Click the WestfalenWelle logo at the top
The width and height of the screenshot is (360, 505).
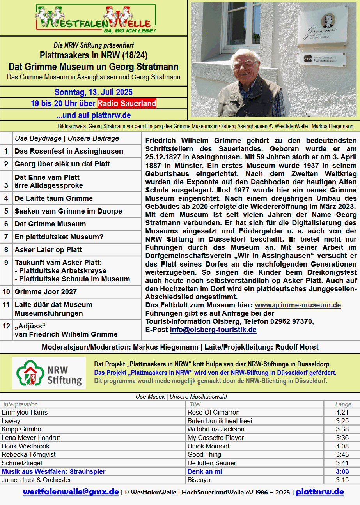(x=96, y=18)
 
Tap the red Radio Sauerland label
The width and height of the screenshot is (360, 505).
(x=127, y=104)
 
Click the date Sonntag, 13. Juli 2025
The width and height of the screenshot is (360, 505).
(x=94, y=92)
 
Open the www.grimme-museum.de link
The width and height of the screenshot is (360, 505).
(x=298, y=305)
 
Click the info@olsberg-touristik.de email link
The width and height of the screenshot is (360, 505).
(x=213, y=330)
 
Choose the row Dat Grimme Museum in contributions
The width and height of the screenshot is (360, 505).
(x=50, y=224)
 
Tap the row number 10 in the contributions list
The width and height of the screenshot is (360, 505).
(x=6, y=291)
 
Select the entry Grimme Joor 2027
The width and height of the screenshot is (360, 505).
(x=46, y=291)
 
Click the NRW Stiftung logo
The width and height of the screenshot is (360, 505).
(x=49, y=373)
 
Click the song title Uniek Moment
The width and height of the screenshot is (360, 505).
(x=208, y=446)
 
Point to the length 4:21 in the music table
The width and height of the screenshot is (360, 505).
(x=342, y=412)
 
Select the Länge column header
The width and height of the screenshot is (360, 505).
(x=343, y=404)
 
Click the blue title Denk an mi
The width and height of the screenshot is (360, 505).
(x=205, y=471)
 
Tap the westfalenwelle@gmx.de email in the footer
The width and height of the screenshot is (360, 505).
(x=71, y=492)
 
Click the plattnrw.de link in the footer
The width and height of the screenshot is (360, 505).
(x=319, y=492)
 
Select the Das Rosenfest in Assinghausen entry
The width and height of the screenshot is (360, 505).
(x=69, y=151)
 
